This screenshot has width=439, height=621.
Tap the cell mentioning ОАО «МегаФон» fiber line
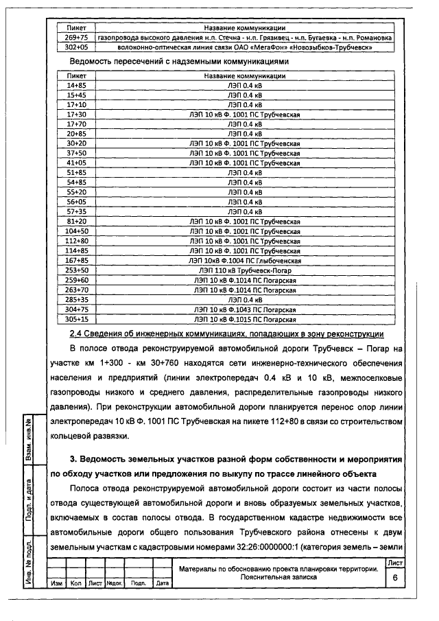tap(245, 48)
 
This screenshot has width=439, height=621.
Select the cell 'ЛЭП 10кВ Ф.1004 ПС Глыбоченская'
tap(245, 261)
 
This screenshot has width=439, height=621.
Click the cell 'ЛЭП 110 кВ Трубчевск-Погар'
tap(245, 270)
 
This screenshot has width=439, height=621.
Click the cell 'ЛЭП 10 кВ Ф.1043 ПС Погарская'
tap(245, 309)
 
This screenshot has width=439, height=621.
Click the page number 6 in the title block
tap(395, 578)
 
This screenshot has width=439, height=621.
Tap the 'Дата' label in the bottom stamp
tap(163, 583)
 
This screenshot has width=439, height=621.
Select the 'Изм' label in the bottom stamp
tap(56, 583)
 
